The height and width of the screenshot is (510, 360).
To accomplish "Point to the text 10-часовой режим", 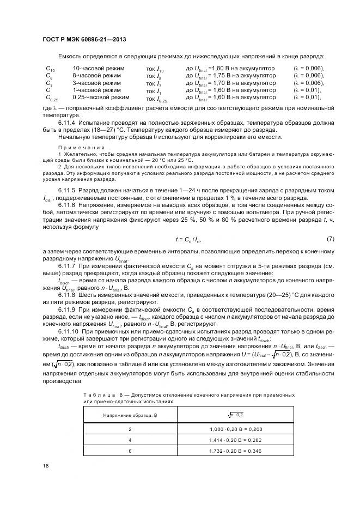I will pos(98,68).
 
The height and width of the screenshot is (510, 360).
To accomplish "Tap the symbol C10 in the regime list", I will pos(50,69).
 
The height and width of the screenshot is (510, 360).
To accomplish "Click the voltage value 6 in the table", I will pos(130,450).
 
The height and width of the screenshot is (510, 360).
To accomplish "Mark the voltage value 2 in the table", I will pos(130,429).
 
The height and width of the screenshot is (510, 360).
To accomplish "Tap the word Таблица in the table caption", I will pos(100,394).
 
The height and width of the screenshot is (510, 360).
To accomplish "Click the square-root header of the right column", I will pos(236,416).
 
